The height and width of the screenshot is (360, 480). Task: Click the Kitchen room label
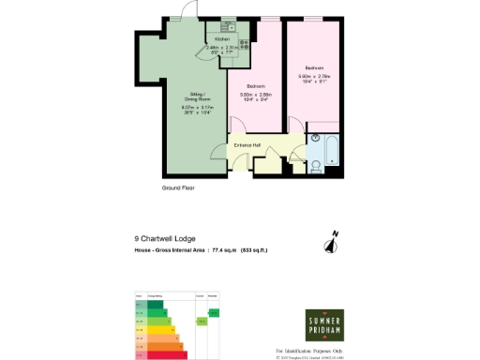point(221,39)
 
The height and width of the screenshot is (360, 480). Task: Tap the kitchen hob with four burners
point(242,41)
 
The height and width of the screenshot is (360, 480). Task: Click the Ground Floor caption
point(177,188)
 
